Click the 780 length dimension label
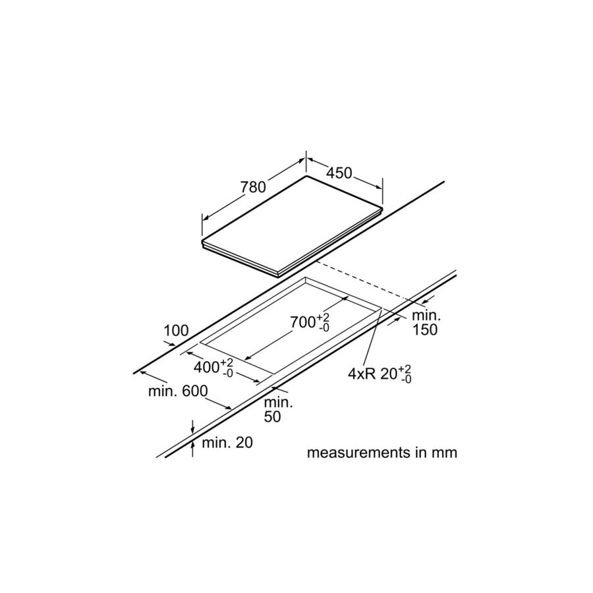click(253, 187)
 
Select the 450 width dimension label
click(339, 173)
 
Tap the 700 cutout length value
click(302, 322)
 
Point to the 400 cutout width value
click(206, 367)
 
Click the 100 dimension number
click(176, 331)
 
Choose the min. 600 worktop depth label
click(178, 391)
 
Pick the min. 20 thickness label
click(227, 443)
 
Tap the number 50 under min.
click(272, 416)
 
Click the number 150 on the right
click(424, 330)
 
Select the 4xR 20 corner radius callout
click(380, 374)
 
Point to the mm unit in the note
click(446, 453)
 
